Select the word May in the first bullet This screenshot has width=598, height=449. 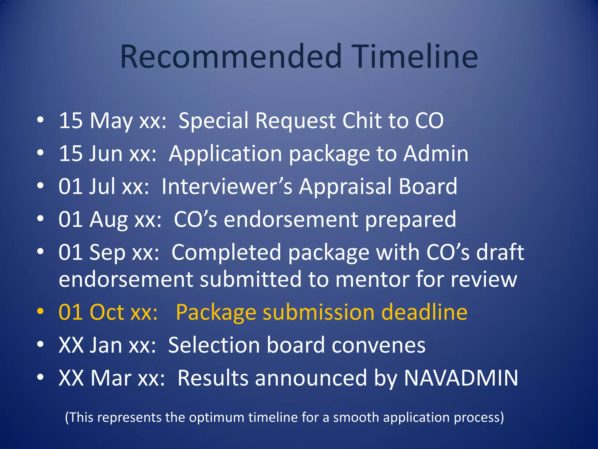[111, 121]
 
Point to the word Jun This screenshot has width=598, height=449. [105, 154]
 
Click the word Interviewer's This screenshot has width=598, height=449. [227, 186]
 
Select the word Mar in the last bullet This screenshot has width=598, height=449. [111, 378]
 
